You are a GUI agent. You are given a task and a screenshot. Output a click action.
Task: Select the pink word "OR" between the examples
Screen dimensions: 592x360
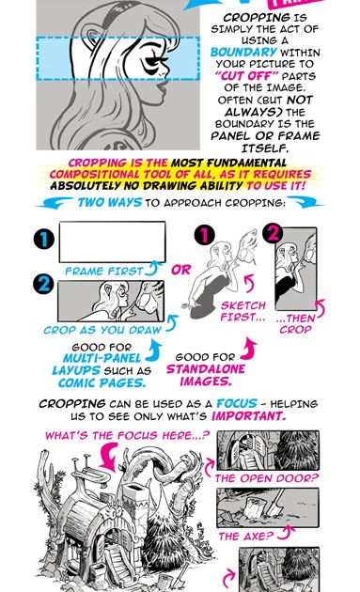[180, 270]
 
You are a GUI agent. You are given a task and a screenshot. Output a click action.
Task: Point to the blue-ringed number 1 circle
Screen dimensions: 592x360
[43, 240]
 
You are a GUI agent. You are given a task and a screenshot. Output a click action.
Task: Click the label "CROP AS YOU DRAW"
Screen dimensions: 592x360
[100, 331]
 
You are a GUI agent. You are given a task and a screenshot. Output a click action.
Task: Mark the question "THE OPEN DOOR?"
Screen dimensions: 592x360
[267, 478]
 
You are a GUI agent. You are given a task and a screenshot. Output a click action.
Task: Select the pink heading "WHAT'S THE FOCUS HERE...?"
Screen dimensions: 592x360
[126, 437]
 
